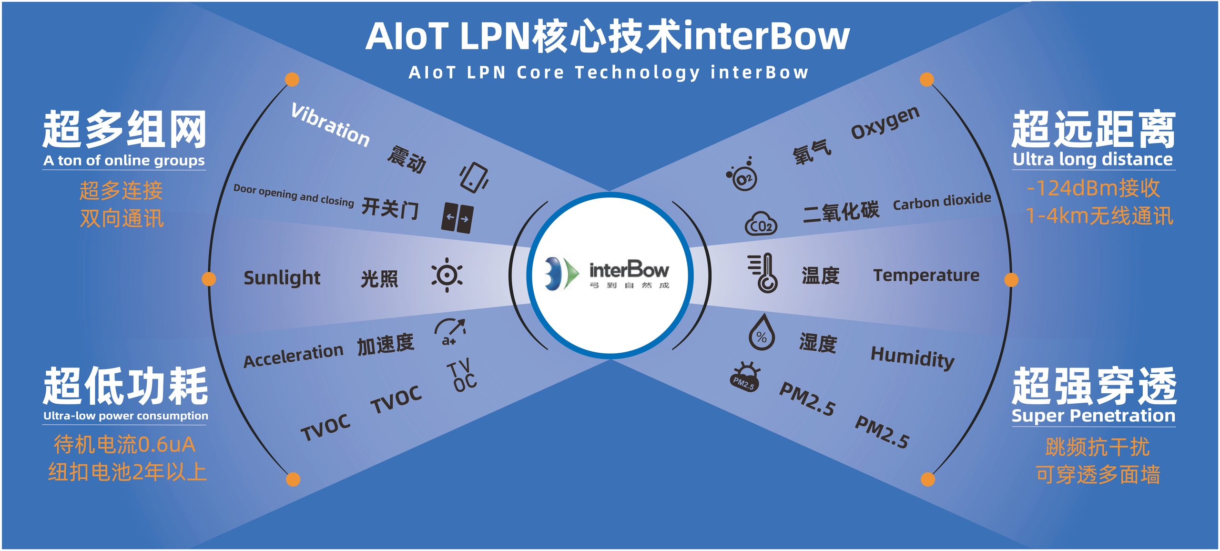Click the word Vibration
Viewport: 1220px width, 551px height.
330,125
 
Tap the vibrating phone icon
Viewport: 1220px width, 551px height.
474,177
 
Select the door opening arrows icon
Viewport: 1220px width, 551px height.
457,217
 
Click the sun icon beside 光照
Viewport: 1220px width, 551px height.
447,275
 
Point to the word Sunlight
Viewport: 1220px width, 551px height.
282,278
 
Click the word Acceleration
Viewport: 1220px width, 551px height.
293,355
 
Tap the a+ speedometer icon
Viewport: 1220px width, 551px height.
449,332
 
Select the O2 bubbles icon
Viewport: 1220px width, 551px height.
742,174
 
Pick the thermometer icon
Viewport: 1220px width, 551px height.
763,273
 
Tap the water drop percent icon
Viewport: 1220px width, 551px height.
761,332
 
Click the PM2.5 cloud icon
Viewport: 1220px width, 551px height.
744,377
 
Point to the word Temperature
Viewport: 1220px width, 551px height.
926,275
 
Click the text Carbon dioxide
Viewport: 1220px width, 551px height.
942,202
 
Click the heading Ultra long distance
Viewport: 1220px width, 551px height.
1093,159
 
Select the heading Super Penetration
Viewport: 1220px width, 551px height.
1093,416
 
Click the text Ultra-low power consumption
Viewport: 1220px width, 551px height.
125,416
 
